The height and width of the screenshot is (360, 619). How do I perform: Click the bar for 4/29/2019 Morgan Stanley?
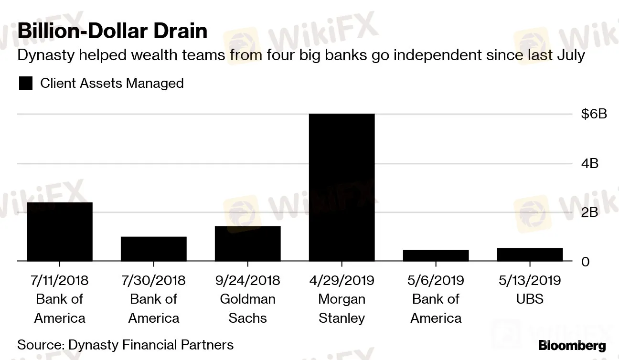[342, 187]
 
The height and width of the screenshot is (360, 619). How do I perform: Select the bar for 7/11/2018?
[59, 232]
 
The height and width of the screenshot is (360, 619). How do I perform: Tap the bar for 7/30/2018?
[153, 249]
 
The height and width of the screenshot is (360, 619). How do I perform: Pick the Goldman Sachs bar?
[247, 244]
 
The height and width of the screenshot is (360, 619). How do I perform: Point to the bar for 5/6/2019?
[436, 255]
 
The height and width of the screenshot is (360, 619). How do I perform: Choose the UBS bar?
[530, 254]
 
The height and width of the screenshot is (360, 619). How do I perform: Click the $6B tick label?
[594, 114]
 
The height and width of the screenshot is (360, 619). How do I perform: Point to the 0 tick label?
[585, 262]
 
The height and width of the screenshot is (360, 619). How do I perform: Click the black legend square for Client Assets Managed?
[25, 84]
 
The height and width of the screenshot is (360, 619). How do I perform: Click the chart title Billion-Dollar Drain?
[112, 31]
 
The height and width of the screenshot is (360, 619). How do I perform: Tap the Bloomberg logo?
[572, 346]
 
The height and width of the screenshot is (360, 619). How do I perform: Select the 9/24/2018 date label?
[247, 280]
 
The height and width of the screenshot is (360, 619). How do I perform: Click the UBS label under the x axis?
[530, 299]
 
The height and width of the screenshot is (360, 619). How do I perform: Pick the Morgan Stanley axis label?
[342, 308]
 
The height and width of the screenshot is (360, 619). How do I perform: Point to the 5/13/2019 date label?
[530, 280]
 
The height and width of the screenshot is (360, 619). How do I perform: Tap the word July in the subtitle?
[571, 55]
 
